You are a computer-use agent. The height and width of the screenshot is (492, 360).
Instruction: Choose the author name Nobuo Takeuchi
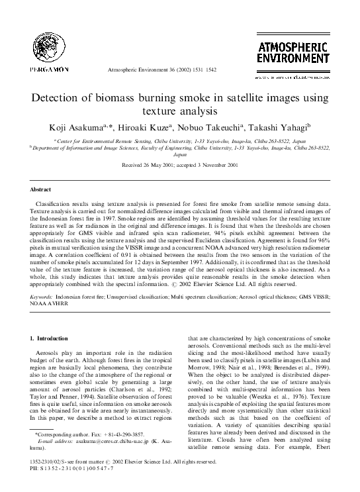coord(221,127)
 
